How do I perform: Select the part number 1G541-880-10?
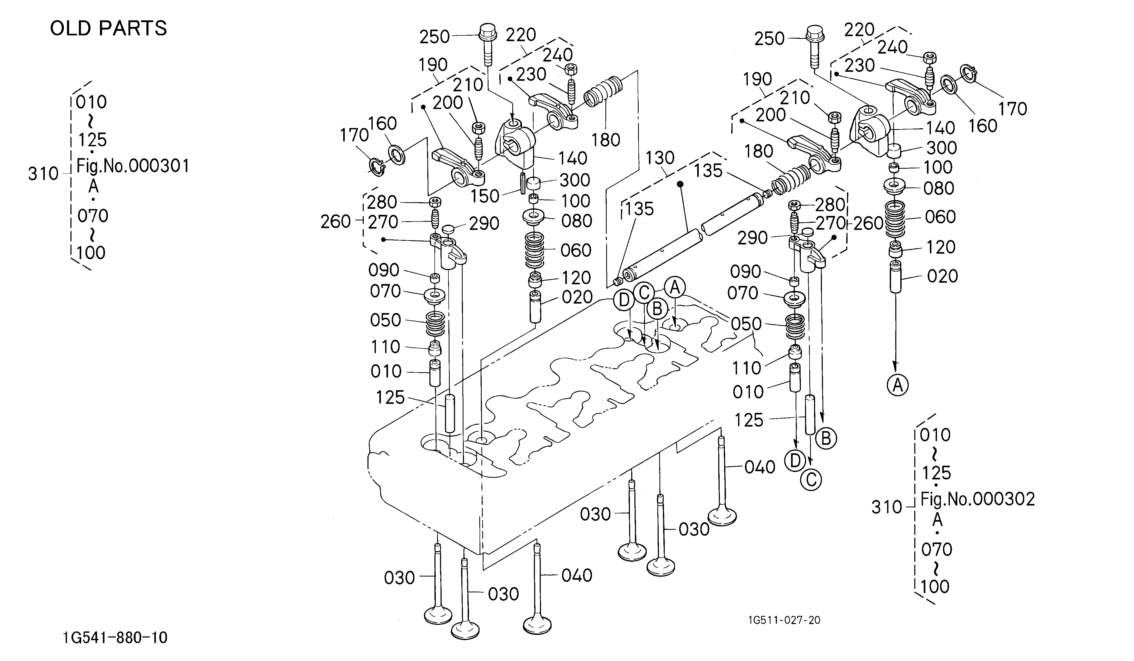coord(115,638)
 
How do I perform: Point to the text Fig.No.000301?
coord(133,166)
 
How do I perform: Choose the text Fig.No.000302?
coord(977,499)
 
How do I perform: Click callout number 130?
coord(660,158)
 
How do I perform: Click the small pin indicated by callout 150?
coord(523,183)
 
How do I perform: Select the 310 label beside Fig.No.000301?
coord(43,173)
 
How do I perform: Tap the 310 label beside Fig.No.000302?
coord(887,507)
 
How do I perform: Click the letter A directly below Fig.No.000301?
coord(93,186)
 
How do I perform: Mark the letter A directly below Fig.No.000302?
coord(937,520)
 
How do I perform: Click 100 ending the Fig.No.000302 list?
coord(935,587)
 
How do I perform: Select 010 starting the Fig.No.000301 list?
coord(91,102)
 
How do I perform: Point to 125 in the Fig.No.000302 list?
coord(937,473)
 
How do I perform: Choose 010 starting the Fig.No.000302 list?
coord(935,435)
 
